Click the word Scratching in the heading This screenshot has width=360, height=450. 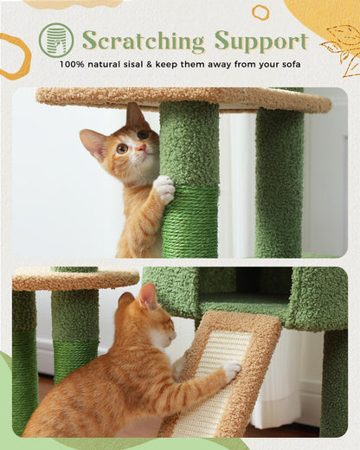coord(144,41)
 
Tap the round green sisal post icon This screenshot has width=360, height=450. coord(56,40)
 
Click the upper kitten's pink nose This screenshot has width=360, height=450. coord(140,148)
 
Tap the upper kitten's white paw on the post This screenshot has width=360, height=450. coord(163,190)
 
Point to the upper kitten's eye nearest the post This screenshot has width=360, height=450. coord(143,135)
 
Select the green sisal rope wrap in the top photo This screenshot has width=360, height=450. coord(190,221)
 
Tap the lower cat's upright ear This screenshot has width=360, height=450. coord(148,297)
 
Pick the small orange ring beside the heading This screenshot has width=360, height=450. coord(260,12)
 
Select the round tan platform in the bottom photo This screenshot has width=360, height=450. coord(74,278)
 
